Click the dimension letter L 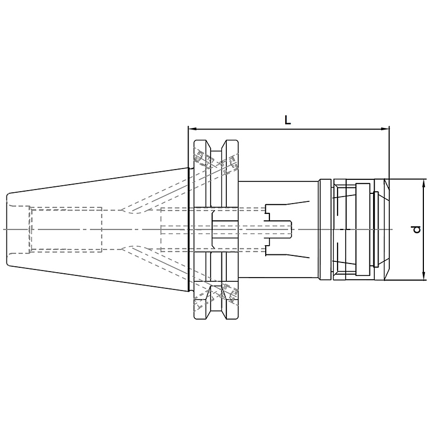[287, 120]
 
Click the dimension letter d [417, 229]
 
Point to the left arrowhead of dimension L [192, 129]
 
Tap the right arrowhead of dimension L [385, 129]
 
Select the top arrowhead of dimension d [424, 183]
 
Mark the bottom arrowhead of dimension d [424, 277]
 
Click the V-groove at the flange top [217, 145]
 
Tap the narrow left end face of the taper [6, 230]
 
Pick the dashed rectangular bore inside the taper [66, 230]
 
